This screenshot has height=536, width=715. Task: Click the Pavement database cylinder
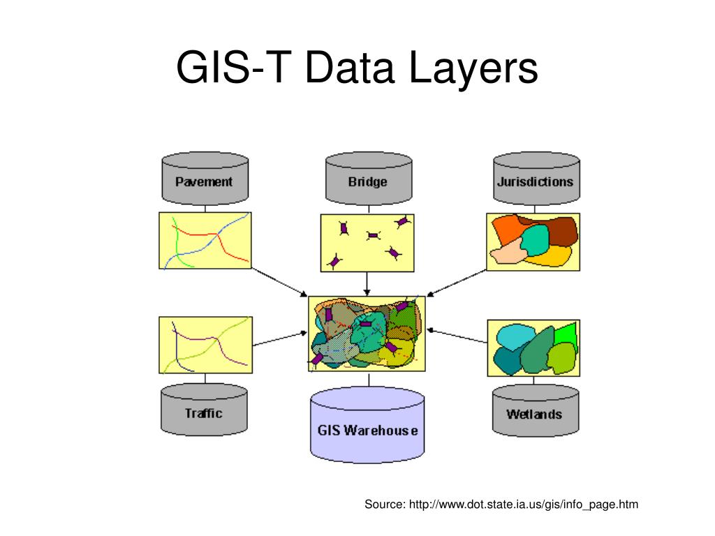(x=204, y=179)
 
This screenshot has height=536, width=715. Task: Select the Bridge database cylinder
(x=368, y=179)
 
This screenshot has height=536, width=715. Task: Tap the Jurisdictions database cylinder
(x=535, y=179)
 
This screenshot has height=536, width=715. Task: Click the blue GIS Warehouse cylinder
(x=367, y=426)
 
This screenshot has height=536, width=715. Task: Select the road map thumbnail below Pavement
(x=205, y=240)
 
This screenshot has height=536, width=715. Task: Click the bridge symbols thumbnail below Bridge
(x=367, y=242)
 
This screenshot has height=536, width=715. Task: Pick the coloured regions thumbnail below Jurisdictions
(x=533, y=240)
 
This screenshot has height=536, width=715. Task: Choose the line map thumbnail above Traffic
(x=205, y=345)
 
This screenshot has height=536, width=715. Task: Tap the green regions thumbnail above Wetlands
(x=533, y=348)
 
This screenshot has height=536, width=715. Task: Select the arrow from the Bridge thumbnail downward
(x=367, y=283)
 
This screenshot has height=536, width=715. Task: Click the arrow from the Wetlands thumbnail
(x=457, y=335)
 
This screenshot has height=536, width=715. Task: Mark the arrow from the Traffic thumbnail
(x=279, y=339)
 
